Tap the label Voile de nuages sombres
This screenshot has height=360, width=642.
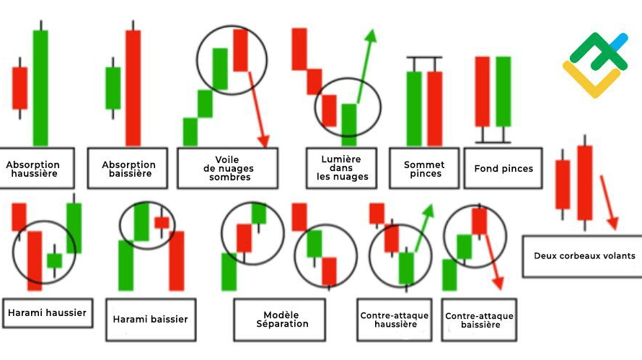227,168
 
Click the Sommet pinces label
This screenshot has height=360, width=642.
423,169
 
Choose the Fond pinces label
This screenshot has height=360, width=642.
503,169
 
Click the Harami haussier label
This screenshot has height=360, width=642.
48,312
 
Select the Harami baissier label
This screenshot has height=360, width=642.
150,319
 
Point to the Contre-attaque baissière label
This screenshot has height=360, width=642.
479,320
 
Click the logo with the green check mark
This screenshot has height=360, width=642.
596,64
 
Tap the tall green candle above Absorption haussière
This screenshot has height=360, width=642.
40,87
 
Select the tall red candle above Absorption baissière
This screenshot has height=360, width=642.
133,87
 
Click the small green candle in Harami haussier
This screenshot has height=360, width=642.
54,260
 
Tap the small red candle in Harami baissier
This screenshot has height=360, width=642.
162,222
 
